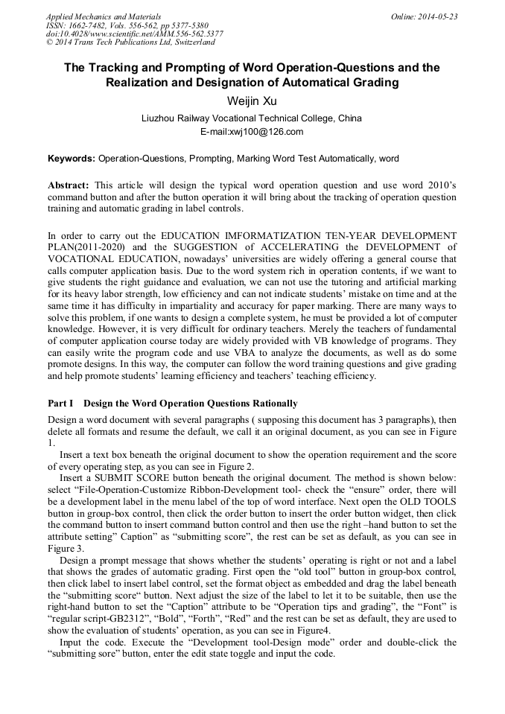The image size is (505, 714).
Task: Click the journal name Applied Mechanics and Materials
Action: pos(103,16)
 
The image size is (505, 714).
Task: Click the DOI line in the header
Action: pos(134,34)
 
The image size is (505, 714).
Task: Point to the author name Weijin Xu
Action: pos(251,101)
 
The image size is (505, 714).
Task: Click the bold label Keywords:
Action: pos(72,159)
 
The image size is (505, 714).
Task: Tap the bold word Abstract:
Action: pos(69,185)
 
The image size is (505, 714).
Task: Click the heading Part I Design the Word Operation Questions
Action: pos(172,404)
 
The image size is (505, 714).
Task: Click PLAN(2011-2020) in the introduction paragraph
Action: pos(86,246)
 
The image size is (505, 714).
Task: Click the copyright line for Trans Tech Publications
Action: pos(130,42)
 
